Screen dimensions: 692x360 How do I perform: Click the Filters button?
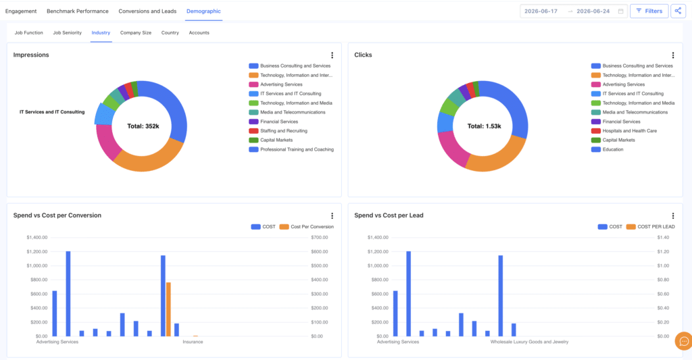click(x=649, y=11)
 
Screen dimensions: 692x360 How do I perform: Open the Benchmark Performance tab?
click(x=78, y=11)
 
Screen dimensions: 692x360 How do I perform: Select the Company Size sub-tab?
click(x=135, y=32)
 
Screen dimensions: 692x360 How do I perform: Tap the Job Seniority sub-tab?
click(x=67, y=32)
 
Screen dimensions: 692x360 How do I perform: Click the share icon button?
click(x=678, y=11)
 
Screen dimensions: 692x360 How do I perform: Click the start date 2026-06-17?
click(x=541, y=11)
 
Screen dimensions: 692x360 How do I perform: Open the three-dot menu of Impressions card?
click(x=332, y=55)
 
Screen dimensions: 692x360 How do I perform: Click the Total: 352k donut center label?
click(x=143, y=126)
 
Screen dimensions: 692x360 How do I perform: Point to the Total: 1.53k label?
click(x=484, y=126)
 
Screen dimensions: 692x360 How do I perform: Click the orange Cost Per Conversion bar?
click(x=168, y=309)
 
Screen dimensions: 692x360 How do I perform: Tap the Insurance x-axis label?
click(x=193, y=342)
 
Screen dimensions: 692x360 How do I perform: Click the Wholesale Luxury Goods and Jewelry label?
click(x=529, y=342)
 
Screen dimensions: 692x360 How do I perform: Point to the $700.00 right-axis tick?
click(x=320, y=237)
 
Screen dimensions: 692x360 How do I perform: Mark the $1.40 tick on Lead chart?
click(x=663, y=237)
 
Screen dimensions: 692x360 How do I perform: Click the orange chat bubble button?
click(x=684, y=341)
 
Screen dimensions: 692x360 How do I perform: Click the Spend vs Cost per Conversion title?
click(x=57, y=215)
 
